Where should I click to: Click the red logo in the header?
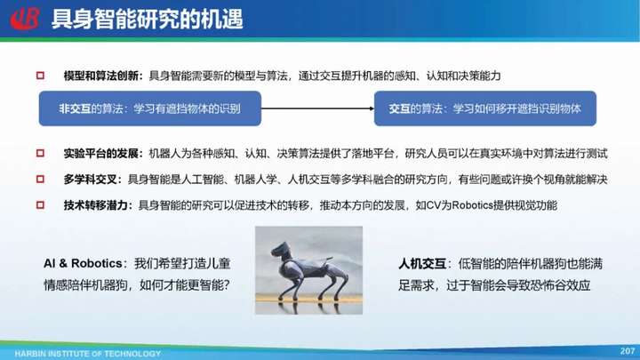point(25,19)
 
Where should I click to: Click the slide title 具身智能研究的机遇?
point(148,20)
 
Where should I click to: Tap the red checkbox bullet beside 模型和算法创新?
point(40,76)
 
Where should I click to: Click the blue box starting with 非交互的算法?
point(150,108)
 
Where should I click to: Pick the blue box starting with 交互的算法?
point(485,108)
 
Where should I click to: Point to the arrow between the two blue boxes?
point(317,108)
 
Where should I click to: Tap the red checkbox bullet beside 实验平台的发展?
point(40,153)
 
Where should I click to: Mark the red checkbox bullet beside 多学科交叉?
point(40,179)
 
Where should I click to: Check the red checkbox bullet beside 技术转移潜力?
point(40,205)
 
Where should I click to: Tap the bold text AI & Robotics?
point(83,263)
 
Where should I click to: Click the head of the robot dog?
point(282,250)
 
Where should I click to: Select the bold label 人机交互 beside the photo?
point(422,264)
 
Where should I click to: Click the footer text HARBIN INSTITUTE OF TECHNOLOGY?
point(88,354)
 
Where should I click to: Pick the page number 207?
point(628,350)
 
